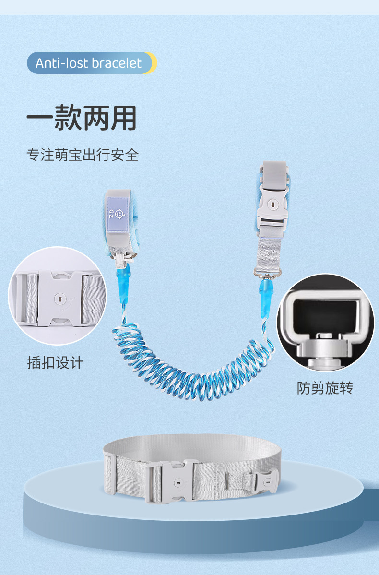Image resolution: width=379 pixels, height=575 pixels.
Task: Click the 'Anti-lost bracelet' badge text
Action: point(89,63)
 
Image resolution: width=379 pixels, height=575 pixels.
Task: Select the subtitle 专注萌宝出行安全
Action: point(83,155)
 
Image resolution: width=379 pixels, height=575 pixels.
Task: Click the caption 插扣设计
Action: point(55,362)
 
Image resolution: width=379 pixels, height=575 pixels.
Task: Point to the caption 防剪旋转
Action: point(325,388)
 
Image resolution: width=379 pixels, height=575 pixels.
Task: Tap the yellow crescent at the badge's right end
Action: point(152,63)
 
